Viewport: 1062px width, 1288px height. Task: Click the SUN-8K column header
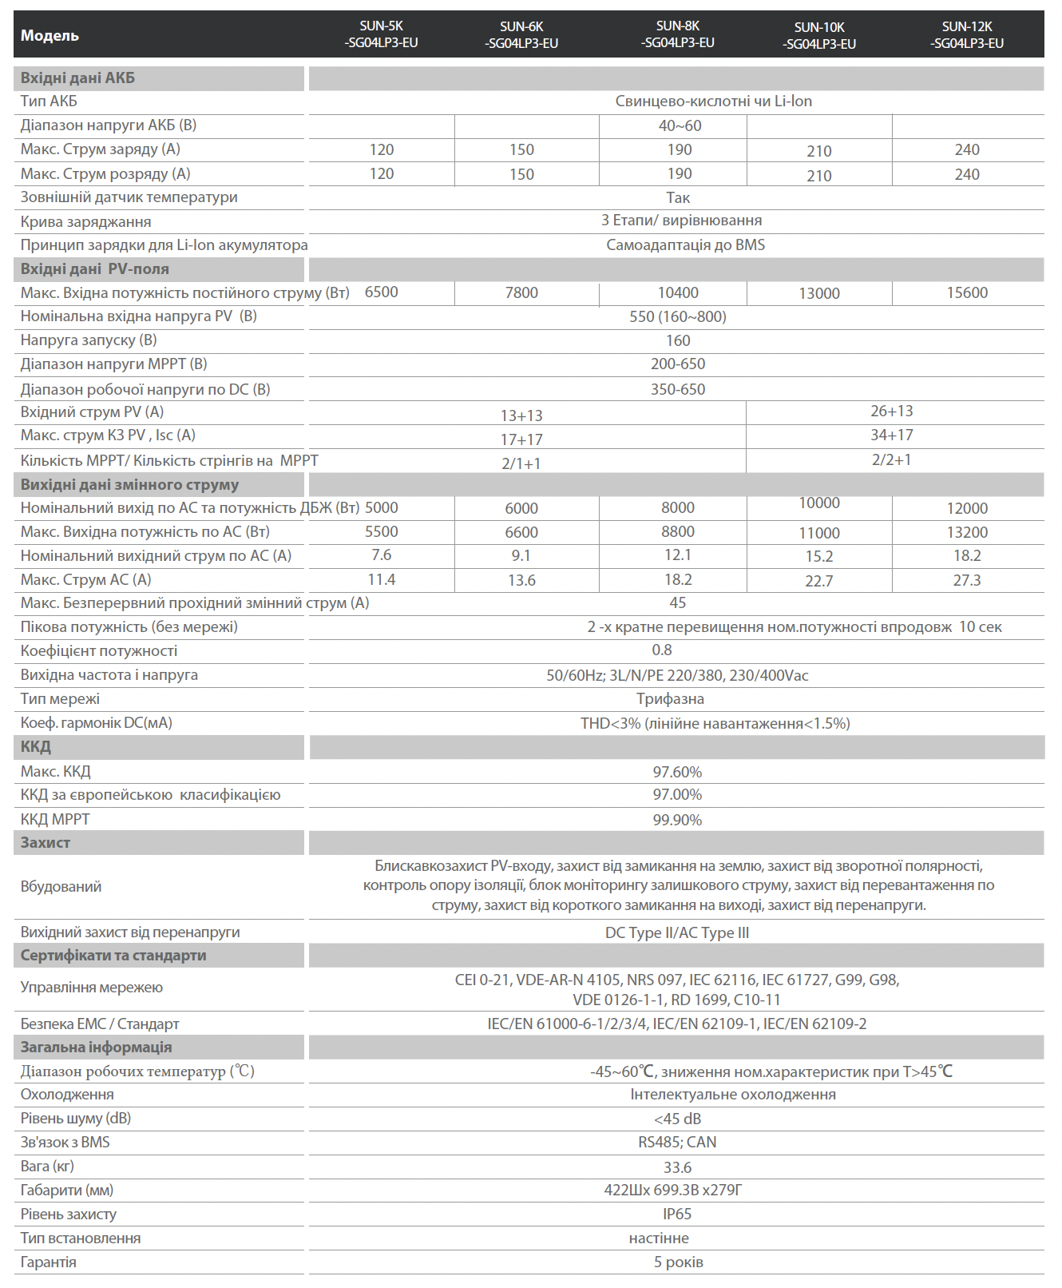coord(677,34)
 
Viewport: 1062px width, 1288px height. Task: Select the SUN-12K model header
coord(966,35)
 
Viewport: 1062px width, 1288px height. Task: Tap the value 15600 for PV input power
coord(967,293)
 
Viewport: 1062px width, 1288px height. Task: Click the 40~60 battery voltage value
coord(680,126)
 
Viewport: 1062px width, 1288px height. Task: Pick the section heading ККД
coord(36,747)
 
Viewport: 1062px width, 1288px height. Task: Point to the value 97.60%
coord(677,772)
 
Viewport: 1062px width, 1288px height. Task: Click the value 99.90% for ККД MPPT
coord(677,820)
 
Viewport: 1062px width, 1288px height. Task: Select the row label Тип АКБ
coord(49,101)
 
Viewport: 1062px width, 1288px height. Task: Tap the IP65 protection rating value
coord(677,1214)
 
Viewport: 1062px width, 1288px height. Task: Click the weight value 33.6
coord(677,1167)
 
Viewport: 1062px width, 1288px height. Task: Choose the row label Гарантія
coord(49,1262)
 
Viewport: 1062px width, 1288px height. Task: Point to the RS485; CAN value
coord(677,1143)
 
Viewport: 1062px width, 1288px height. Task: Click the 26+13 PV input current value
coord(891,411)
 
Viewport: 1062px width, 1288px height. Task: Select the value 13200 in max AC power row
coord(967,532)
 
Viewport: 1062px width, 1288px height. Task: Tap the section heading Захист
coord(46,843)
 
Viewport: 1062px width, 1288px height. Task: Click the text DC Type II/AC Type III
coord(677,932)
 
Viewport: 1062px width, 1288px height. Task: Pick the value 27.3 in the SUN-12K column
coord(967,580)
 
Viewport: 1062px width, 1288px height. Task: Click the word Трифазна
coord(670,699)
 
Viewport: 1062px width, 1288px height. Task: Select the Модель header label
coord(50,36)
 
